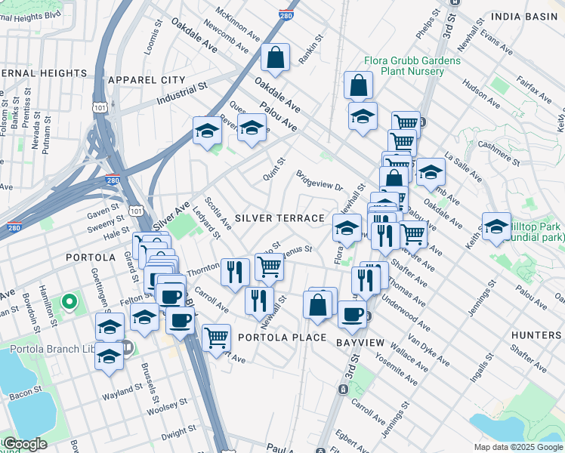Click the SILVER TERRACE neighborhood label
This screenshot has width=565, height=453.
[279, 218]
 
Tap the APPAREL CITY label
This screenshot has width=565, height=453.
[147, 79]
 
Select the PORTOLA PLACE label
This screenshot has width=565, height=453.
[282, 337]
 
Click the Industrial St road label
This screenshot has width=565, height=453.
[181, 94]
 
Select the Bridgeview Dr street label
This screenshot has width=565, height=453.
[320, 180]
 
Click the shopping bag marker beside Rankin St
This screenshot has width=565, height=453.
[276, 57]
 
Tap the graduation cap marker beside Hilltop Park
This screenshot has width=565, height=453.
[496, 226]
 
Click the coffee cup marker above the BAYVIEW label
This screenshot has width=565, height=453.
[351, 314]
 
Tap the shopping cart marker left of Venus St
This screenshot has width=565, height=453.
[269, 267]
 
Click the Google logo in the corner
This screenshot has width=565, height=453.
[25, 444]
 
